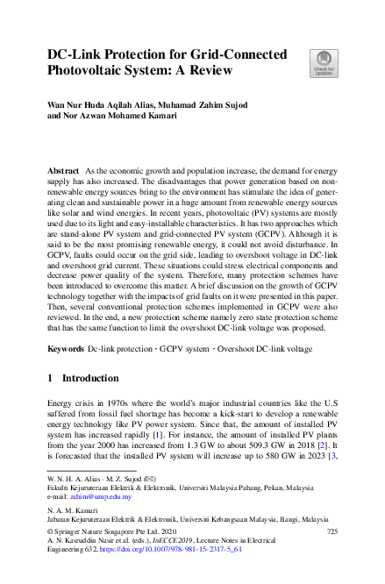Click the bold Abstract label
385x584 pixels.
click(x=63, y=167)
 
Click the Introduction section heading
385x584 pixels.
click(x=90, y=378)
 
